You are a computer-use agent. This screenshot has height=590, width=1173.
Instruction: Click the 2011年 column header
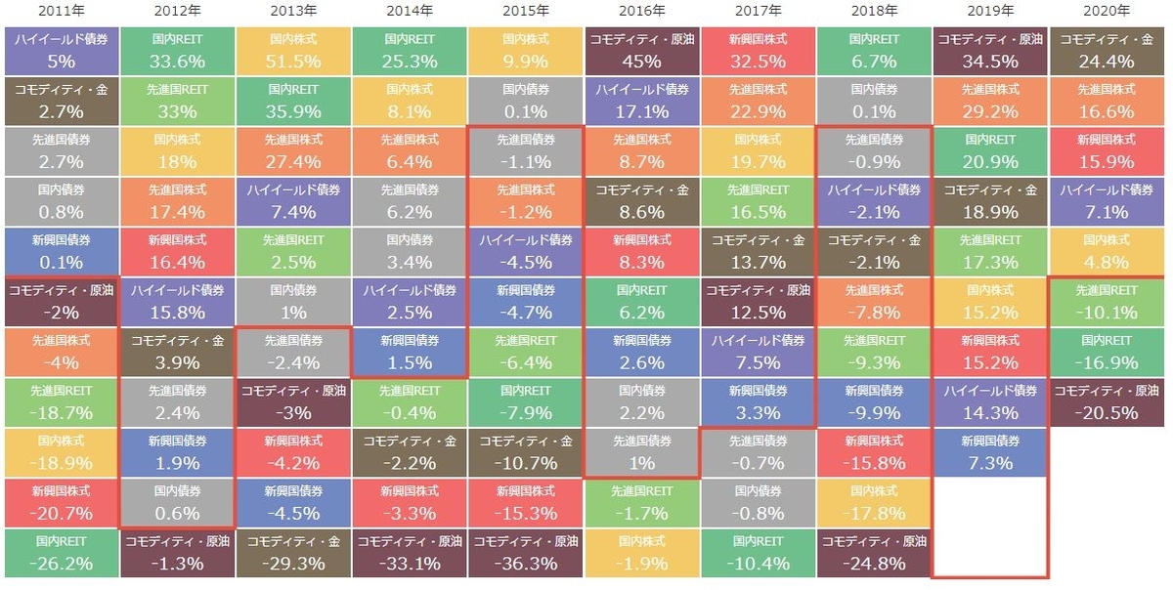pos(60,11)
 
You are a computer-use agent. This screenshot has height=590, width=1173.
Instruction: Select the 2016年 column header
pos(642,11)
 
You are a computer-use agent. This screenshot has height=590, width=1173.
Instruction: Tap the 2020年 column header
pos(1108,11)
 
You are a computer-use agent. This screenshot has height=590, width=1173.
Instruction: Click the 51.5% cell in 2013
pos(292,51)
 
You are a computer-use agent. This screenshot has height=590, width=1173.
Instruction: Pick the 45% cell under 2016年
pos(642,51)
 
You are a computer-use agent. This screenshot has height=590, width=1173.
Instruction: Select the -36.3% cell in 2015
pos(526,552)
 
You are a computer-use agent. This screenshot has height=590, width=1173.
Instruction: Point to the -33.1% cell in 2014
pos(409,552)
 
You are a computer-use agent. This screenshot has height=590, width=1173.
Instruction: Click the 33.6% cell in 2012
pos(176,51)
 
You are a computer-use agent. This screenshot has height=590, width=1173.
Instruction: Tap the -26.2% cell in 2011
pos(60,552)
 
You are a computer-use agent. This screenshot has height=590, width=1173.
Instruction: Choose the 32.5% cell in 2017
pos(759,51)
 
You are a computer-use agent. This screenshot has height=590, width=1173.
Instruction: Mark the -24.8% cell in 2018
pos(875,552)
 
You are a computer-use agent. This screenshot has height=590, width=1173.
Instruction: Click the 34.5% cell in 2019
pos(991,51)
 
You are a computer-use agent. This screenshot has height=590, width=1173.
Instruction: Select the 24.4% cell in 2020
pos(1108,51)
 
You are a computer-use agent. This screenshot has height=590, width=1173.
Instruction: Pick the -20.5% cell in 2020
pos(1108,401)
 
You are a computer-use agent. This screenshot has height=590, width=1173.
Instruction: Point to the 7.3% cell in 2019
pos(991,451)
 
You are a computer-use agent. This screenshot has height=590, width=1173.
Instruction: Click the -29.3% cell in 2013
pos(292,552)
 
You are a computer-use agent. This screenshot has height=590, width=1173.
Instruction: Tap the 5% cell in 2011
pos(60,51)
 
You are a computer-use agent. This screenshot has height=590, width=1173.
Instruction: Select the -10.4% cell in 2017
pos(759,552)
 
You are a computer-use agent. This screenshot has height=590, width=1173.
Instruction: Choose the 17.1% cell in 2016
pos(642,101)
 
